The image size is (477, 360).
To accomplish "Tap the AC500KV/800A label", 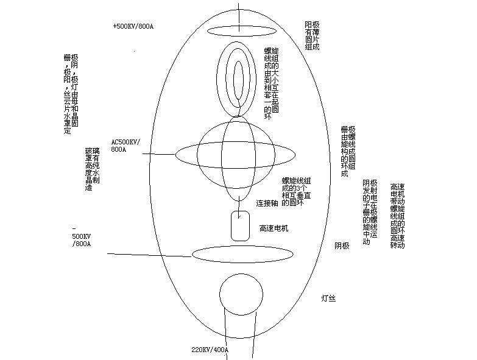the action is click(x=125, y=145).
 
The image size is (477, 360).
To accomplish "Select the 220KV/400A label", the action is click(x=210, y=350).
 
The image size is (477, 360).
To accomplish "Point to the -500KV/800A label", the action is click(x=81, y=236).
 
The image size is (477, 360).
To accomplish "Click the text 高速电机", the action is click(x=274, y=228).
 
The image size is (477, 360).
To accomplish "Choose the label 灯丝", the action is click(x=329, y=298).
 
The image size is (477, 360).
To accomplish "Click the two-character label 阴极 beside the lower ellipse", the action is click(x=342, y=246).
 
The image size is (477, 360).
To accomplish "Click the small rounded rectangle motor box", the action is click(x=239, y=225).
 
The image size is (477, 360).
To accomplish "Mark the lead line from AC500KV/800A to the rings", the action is click(x=160, y=155).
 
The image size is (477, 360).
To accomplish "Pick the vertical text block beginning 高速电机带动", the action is click(x=397, y=216).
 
